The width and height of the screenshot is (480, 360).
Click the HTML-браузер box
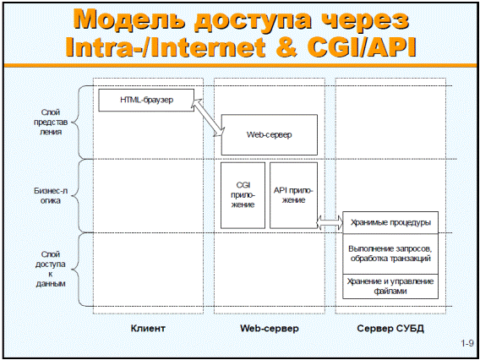click(146, 100)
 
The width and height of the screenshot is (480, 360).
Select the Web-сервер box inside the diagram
click(270, 134)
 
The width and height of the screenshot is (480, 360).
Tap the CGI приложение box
click(243, 195)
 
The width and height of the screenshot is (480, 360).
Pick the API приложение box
click(293, 195)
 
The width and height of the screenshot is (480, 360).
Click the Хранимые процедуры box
click(390, 222)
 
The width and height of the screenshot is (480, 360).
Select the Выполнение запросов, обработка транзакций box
click(390, 254)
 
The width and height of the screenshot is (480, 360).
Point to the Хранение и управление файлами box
click(390, 286)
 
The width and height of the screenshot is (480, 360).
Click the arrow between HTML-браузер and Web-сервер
click(208, 117)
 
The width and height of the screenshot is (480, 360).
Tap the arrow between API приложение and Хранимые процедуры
click(330, 222)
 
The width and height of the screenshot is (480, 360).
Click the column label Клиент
click(148, 329)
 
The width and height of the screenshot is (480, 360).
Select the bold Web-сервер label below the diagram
click(270, 329)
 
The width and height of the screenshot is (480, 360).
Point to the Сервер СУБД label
click(390, 329)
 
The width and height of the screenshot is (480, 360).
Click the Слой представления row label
click(51, 123)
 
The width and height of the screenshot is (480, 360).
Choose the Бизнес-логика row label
click(51, 195)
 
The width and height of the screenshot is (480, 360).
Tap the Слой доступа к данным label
click(51, 269)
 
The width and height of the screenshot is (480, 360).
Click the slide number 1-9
click(467, 343)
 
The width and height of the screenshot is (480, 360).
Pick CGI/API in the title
click(362, 46)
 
